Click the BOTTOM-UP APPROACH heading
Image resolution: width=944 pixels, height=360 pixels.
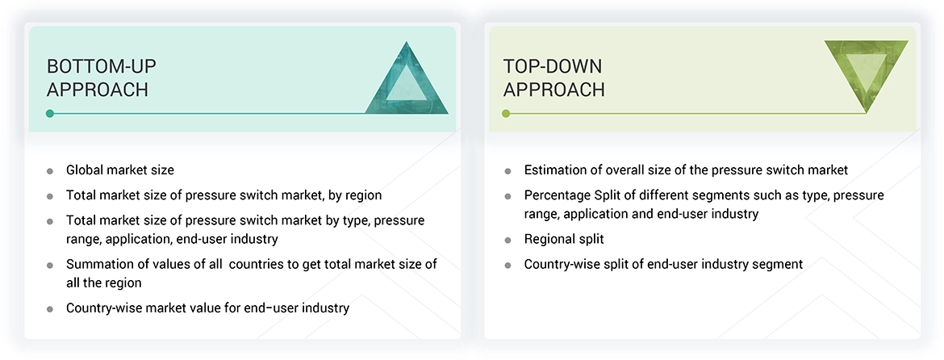[98, 77]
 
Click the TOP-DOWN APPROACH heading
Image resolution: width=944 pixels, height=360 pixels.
[553, 77]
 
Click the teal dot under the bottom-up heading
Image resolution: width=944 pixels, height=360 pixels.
[50, 114]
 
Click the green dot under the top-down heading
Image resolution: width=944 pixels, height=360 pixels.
[507, 114]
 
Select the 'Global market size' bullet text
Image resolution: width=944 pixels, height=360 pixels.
[120, 170]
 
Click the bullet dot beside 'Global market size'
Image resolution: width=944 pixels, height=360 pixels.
[50, 171]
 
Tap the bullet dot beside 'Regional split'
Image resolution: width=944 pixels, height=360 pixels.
[508, 240]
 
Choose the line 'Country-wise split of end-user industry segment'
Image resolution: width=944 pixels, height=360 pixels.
[663, 264]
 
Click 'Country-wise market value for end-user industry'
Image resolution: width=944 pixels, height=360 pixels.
[207, 308]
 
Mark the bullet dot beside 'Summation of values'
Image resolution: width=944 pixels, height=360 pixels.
[50, 265]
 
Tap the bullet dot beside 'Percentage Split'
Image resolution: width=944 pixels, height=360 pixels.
[508, 196]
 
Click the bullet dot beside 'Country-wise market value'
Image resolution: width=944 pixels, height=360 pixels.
[50, 308]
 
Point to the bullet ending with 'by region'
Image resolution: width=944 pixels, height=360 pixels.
[223, 195]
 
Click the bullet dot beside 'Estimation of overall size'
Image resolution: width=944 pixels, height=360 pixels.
[508, 171]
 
